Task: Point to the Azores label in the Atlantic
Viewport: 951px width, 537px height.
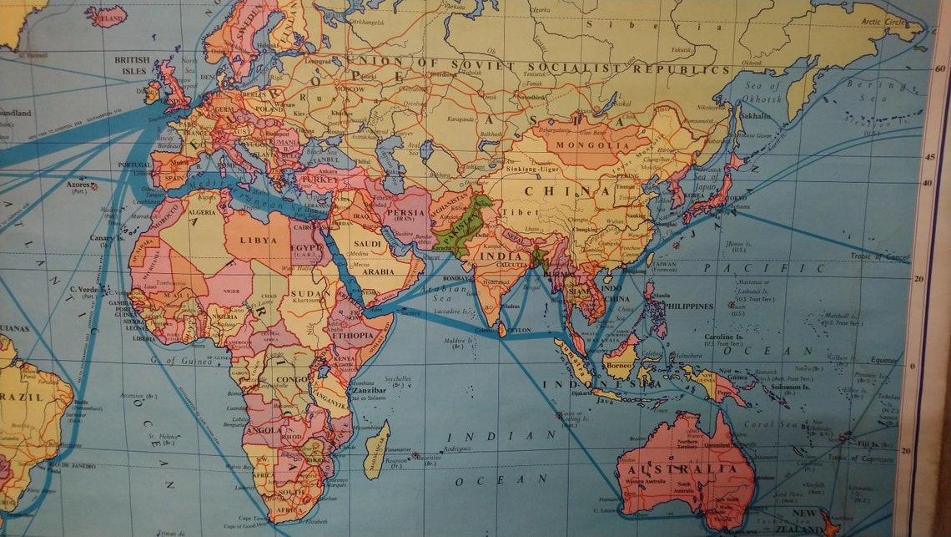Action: (x=78, y=182)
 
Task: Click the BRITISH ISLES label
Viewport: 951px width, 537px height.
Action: (x=132, y=65)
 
